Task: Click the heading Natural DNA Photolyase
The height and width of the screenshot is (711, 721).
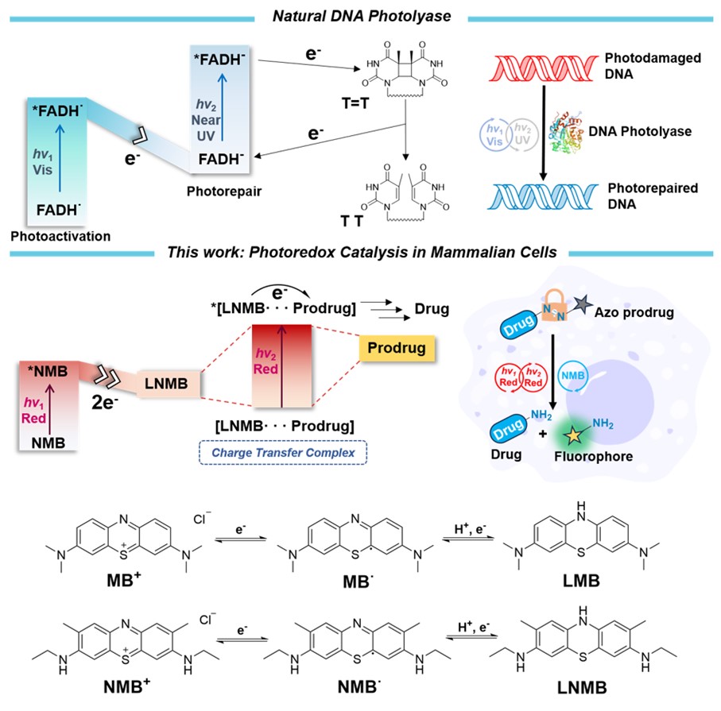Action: click(359, 15)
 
